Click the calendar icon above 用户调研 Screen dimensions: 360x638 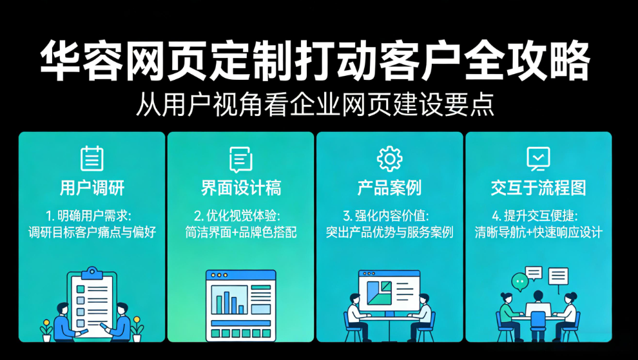[92, 158]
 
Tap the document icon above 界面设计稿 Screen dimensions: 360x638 [240, 158]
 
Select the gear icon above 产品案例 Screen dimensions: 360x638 [389, 158]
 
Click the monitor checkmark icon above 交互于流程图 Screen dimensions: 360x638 [538, 158]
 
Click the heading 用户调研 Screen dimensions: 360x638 [92, 188]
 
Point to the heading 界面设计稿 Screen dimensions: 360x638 [240, 188]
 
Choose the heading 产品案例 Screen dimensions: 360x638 [389, 188]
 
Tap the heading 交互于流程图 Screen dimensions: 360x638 [538, 188]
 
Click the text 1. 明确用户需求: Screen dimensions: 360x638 [92, 214]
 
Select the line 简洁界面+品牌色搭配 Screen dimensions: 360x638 [240, 232]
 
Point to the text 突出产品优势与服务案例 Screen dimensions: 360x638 [389, 232]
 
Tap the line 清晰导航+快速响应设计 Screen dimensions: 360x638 [538, 232]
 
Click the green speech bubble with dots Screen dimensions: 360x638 [519, 281]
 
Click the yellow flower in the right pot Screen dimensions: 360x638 [137, 320]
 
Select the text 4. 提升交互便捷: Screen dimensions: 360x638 [538, 214]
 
